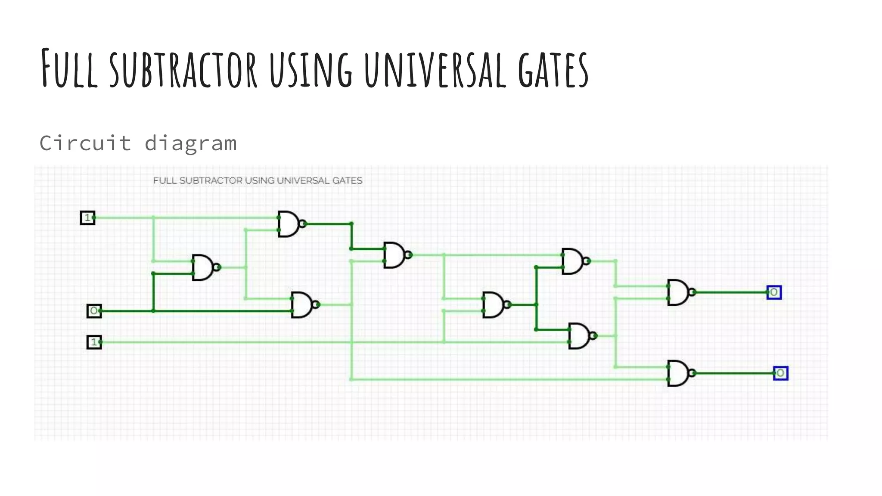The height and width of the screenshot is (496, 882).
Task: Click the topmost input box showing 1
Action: pos(87,217)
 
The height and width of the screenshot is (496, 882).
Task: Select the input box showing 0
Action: pos(94,310)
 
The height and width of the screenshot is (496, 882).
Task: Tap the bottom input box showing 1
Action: pos(94,342)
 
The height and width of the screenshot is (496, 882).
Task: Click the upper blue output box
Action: pos(774,292)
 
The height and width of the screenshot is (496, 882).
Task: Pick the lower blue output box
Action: pos(780,373)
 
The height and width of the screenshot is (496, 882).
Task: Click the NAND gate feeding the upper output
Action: pos(678,292)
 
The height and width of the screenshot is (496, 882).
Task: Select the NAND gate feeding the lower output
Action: pos(678,373)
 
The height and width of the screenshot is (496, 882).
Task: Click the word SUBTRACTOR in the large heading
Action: pos(183,69)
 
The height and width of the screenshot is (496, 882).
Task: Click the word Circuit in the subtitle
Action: pos(85,143)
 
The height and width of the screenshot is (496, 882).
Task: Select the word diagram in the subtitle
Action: pos(190,144)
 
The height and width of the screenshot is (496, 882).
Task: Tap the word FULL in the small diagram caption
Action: pos(165,180)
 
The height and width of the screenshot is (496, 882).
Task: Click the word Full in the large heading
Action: pos(69,69)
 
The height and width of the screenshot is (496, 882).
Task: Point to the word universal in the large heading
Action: pos(435,69)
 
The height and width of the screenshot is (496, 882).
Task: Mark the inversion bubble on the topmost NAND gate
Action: pos(303,224)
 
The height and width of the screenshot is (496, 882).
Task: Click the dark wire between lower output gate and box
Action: pos(732,373)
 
